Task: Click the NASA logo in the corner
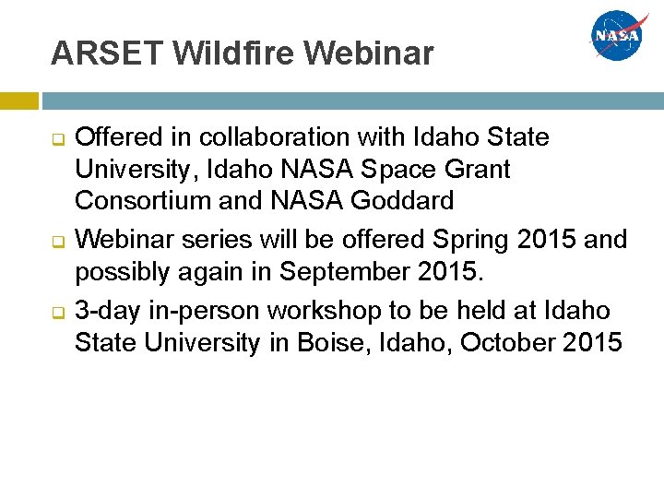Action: point(621,36)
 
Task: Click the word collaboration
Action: point(248,138)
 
